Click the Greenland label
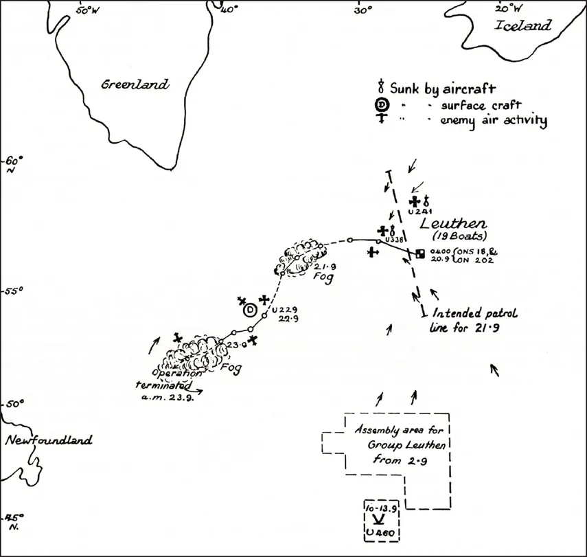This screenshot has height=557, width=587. [x=135, y=85]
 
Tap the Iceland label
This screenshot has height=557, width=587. [x=523, y=26]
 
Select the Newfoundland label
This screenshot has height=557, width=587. [x=48, y=441]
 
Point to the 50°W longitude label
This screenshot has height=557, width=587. [x=87, y=10]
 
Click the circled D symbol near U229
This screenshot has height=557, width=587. [x=250, y=310]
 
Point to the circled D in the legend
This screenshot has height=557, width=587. [x=381, y=104]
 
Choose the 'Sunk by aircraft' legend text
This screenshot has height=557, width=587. [x=443, y=88]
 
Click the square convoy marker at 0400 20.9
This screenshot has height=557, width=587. [x=420, y=253]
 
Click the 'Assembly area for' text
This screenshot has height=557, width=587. [x=393, y=431]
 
